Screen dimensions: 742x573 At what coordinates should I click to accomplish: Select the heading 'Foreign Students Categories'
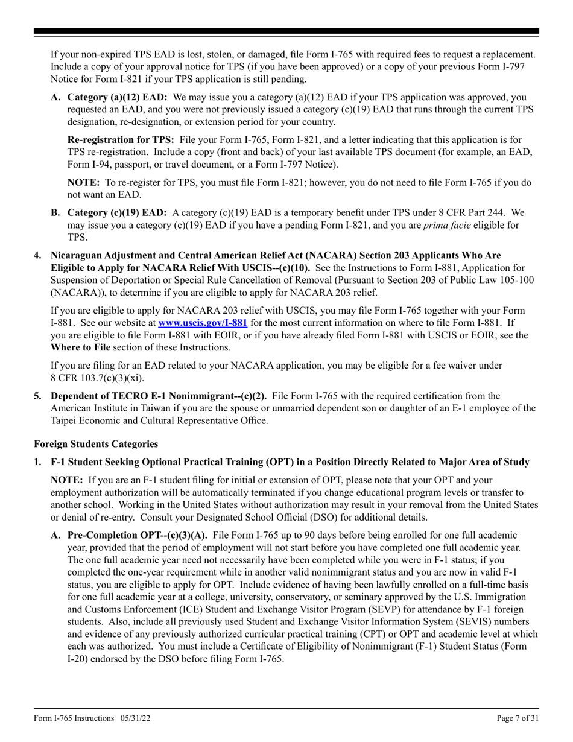pyautogui.click(x=96, y=444)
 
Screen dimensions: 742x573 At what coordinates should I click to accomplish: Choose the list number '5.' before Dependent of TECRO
pyautogui.click(x=38, y=396)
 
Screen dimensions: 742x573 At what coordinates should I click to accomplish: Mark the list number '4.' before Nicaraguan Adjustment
pyautogui.click(x=38, y=256)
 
